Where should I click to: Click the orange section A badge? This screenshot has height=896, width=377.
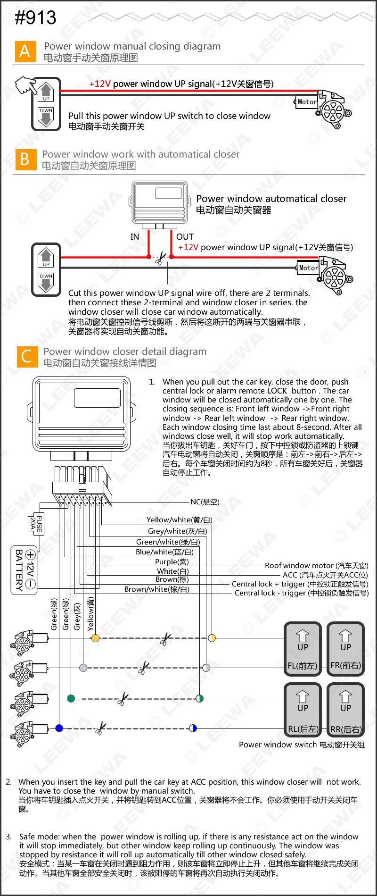[x=25, y=51]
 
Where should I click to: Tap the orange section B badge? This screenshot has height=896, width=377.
[x=25, y=159]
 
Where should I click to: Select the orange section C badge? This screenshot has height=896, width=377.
[x=26, y=356]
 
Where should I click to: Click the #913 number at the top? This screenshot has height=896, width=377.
[x=35, y=18]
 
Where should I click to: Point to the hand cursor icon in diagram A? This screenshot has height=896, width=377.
[x=25, y=85]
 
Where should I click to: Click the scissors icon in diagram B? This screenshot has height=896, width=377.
[x=160, y=258]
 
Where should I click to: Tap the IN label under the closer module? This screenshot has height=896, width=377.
[x=135, y=237]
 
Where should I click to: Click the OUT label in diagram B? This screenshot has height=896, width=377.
[x=185, y=237]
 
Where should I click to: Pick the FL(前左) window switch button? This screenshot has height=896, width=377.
[x=303, y=649]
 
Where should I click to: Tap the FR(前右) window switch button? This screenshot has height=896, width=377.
[x=345, y=649]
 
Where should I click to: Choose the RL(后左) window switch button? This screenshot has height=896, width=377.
[x=303, y=710]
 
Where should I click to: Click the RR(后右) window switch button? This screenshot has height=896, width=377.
[x=345, y=710]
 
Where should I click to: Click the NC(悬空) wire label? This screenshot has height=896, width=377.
[x=205, y=502]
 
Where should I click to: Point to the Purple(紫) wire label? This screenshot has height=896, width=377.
[x=172, y=562]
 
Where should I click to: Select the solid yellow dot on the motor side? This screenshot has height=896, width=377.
[x=95, y=638]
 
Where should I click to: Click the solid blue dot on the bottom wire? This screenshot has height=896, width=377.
[x=59, y=728]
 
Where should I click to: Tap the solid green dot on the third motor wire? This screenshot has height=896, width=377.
[x=71, y=698]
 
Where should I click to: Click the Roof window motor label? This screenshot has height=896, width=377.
[x=316, y=566]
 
